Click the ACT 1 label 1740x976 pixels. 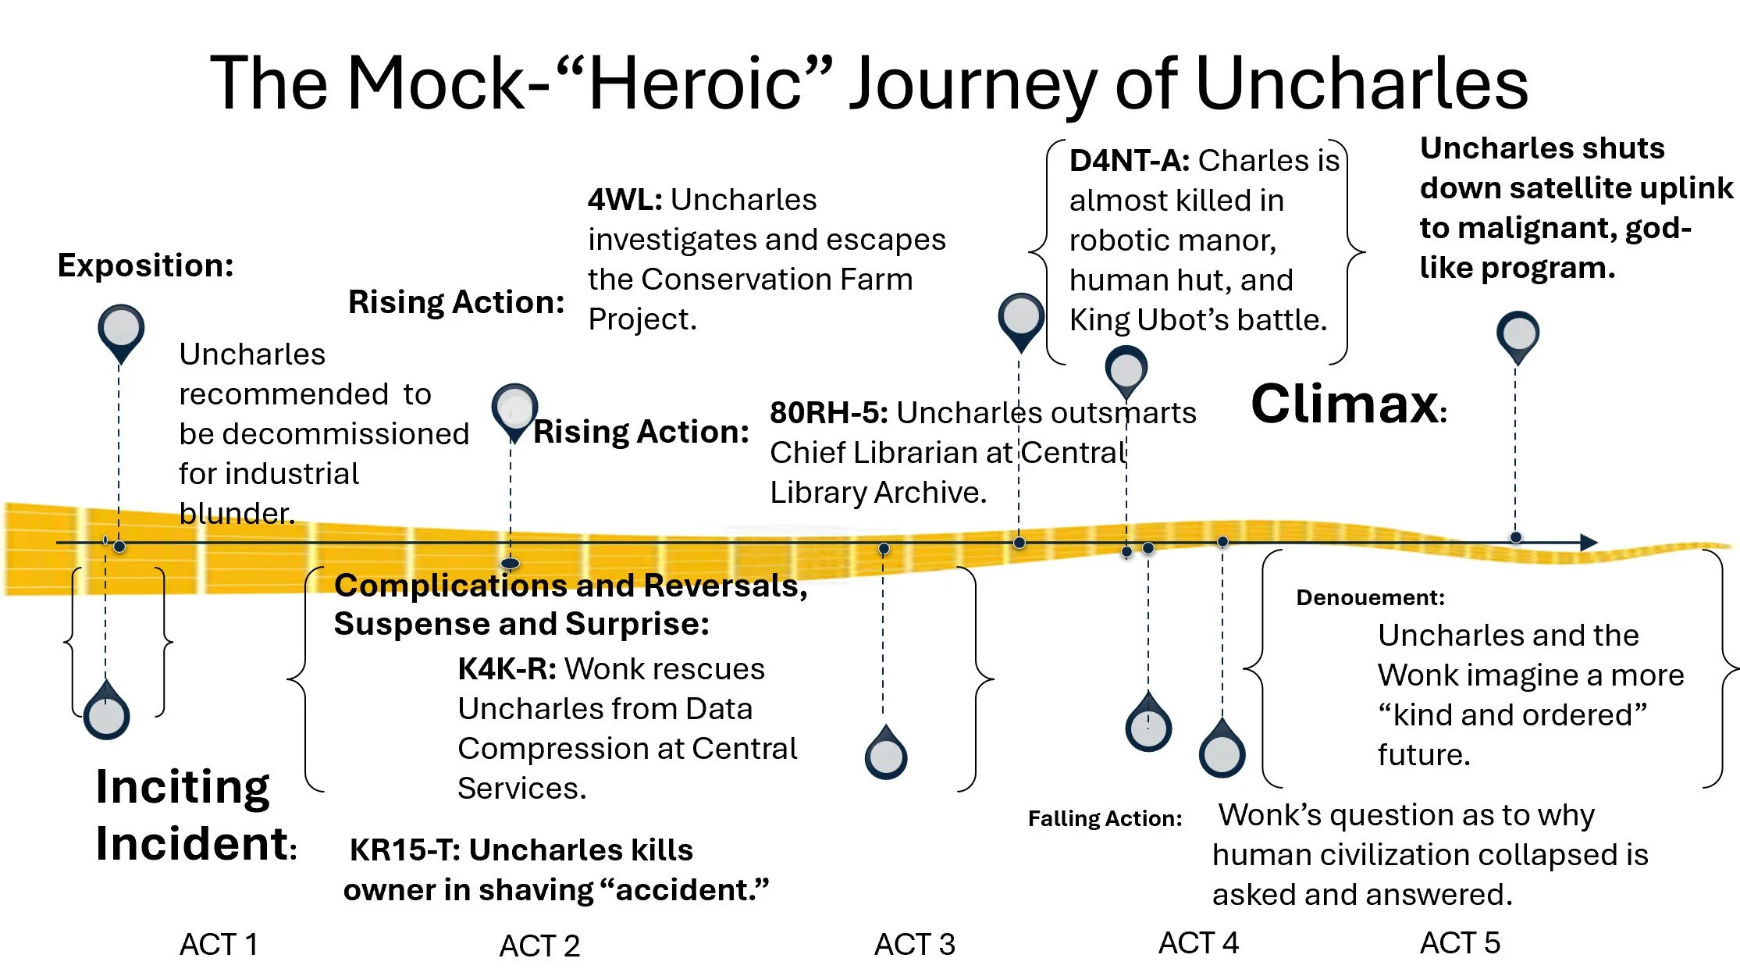tap(218, 944)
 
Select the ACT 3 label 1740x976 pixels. tap(914, 944)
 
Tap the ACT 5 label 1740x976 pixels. tap(1459, 942)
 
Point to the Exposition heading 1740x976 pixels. tap(145, 265)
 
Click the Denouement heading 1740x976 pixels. tap(1370, 597)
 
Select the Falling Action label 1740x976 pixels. tap(1105, 818)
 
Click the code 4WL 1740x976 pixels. tap(624, 200)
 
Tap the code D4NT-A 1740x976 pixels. tap(1128, 161)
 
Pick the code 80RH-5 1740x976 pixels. tap(827, 413)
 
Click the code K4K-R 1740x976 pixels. tap(506, 669)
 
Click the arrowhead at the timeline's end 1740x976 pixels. tap(1589, 542)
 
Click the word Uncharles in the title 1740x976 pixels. tap(1361, 84)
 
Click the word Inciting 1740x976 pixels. tap(183, 786)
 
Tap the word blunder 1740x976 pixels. tap(237, 513)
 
